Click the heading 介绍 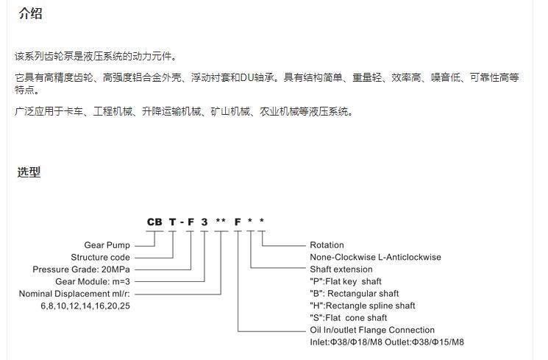(30, 14)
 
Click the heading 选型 (29, 172)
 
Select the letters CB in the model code (154, 222)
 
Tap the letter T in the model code (173, 222)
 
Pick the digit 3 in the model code (204, 222)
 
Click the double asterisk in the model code (221, 221)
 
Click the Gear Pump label (107, 245)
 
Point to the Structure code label (100, 257)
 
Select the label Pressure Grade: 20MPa (81, 269)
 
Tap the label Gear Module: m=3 (93, 281)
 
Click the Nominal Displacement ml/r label (74, 294)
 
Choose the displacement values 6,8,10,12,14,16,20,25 (85, 306)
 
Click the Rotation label (327, 245)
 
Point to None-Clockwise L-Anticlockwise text (375, 257)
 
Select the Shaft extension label (341, 269)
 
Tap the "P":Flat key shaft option (346, 281)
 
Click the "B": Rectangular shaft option (355, 294)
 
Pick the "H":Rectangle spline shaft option (363, 306)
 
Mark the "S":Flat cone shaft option (349, 317)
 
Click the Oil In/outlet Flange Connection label (372, 330)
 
